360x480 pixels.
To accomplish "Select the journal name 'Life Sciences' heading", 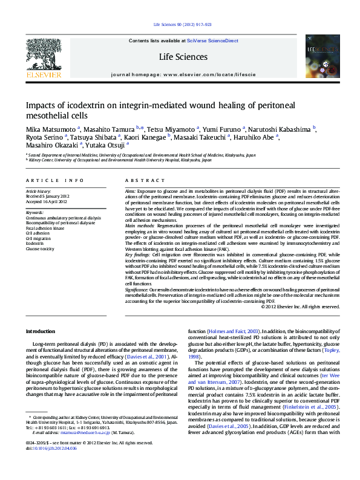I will point(183,57).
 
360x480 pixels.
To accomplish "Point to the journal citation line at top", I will point(182,24).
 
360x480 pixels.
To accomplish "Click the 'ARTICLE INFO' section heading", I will point(54,181).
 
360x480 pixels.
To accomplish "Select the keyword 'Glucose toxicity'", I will point(40,248).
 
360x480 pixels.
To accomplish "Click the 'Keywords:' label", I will point(34,212).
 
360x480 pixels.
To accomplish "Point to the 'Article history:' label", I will point(39,191).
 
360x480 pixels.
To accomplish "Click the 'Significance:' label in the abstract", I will point(137,290).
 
